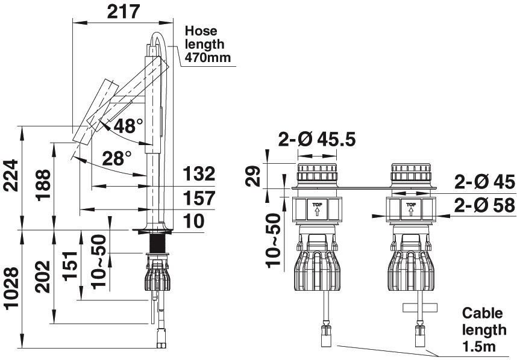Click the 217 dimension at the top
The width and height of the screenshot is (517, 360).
coord(124,11)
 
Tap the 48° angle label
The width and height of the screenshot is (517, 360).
coord(128,126)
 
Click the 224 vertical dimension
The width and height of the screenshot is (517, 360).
coord(11,175)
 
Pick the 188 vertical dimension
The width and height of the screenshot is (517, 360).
coord(43,185)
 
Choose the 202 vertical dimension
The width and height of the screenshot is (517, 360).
coord(43,277)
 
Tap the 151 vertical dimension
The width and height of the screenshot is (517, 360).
coord(70,266)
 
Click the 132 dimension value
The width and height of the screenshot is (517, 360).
coord(199,173)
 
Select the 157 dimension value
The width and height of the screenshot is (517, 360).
coord(199,198)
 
